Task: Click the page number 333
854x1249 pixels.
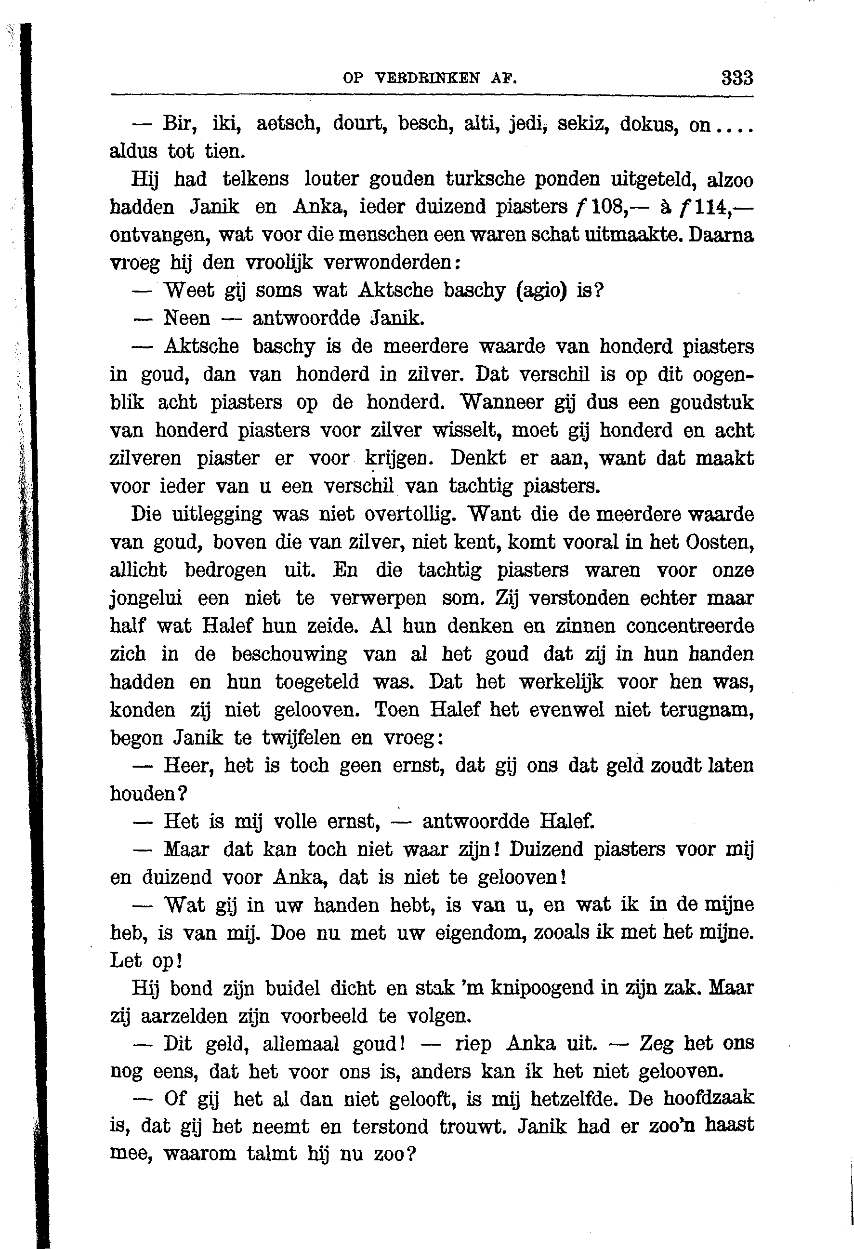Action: (737, 79)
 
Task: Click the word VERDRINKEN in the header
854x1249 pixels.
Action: (428, 79)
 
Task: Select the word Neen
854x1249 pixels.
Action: (186, 319)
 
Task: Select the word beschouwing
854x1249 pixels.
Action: (289, 654)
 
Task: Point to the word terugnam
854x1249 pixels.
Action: (707, 710)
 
